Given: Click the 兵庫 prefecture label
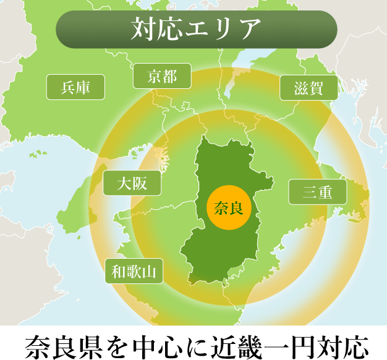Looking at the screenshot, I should pyautogui.click(x=75, y=87).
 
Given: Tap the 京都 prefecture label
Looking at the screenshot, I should pyautogui.click(x=162, y=77).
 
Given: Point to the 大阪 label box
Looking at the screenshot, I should pyautogui.click(x=132, y=183).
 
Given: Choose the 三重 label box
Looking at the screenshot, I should pyautogui.click(x=318, y=192).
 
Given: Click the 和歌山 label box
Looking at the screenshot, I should pyautogui.click(x=134, y=270).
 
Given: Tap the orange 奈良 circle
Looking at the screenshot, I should pyautogui.click(x=229, y=207).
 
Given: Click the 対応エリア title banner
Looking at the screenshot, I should pyautogui.click(x=196, y=29).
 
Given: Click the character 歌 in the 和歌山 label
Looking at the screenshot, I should pyautogui.click(x=134, y=270).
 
